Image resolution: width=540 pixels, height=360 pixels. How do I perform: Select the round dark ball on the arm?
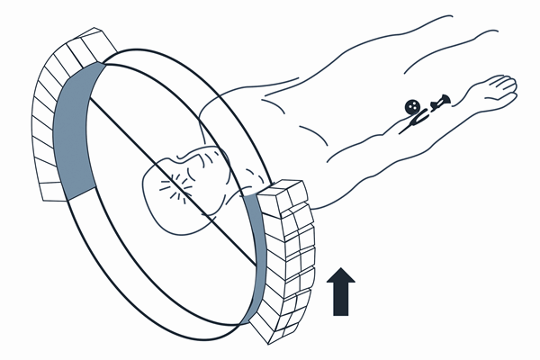click(412, 105)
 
